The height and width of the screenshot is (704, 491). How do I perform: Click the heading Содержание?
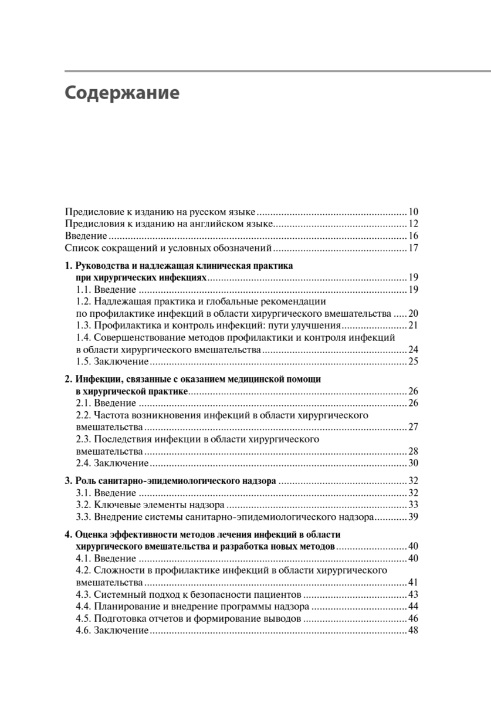121,94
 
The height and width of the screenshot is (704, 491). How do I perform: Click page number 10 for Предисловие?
413,212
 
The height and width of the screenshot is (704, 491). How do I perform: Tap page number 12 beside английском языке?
413,224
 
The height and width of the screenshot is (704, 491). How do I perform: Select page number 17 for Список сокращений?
413,248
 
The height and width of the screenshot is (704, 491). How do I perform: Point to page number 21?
413,326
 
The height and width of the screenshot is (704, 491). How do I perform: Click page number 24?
413,350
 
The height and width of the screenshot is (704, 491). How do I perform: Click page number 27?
413,427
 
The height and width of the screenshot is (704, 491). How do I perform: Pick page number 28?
413,451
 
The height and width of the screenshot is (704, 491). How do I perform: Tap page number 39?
413,517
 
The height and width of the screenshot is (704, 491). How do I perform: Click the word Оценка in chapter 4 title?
91,535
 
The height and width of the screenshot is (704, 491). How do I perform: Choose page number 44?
413,607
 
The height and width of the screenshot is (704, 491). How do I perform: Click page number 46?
413,619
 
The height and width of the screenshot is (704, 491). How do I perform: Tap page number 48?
413,631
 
